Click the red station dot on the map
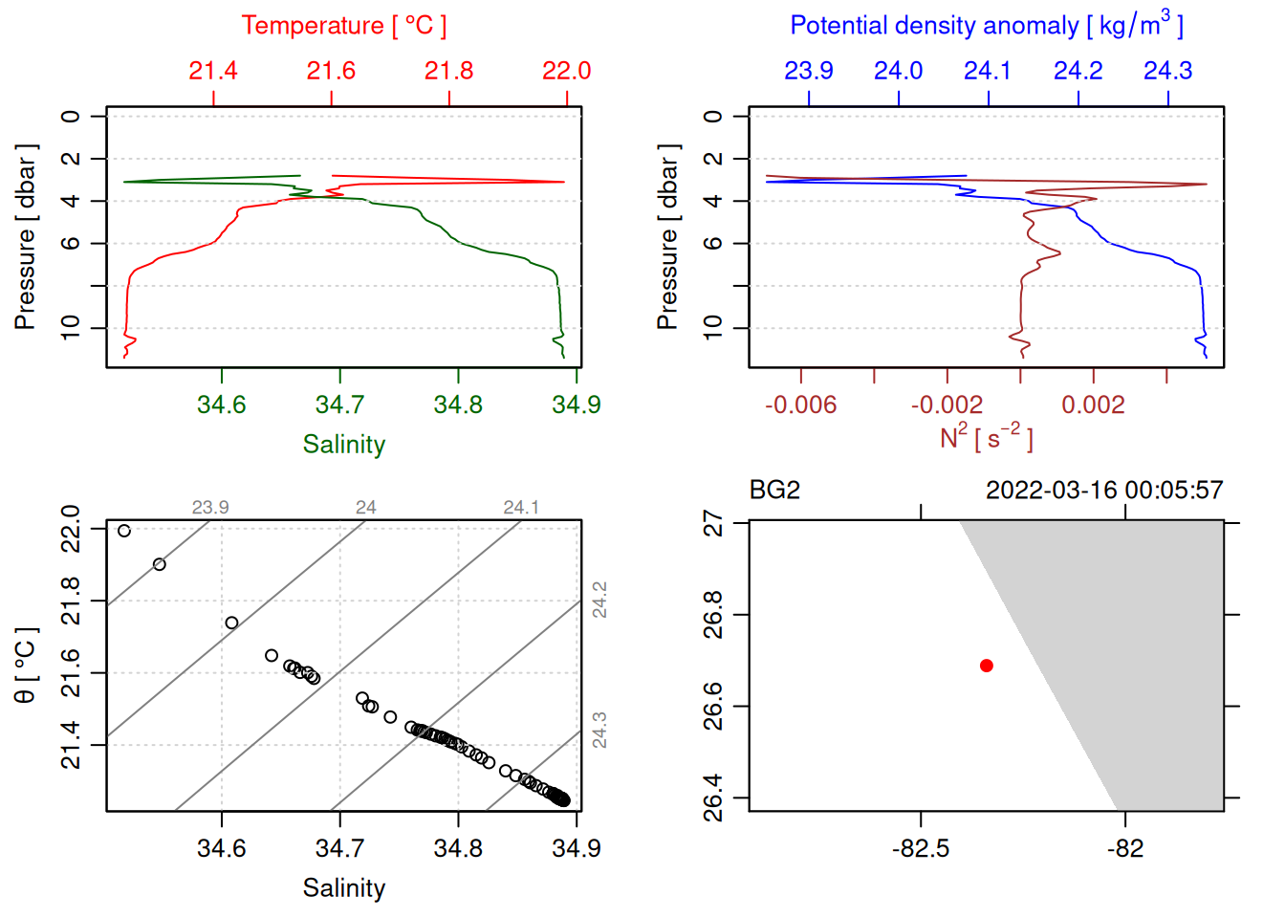986,666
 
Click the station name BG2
774,491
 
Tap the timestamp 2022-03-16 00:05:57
1103,491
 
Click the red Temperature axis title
343,26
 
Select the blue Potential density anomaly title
986,25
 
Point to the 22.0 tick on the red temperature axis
567,71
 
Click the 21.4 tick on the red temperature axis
213,71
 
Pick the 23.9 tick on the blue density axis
809,71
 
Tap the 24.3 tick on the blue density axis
1168,71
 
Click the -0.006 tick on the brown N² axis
801,405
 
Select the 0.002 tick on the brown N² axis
1093,405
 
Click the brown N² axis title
986,438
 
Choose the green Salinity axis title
343,445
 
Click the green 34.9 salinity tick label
576,405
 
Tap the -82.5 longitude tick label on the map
921,849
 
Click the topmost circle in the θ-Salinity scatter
124,531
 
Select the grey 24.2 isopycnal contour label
599,600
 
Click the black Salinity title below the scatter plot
343,888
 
